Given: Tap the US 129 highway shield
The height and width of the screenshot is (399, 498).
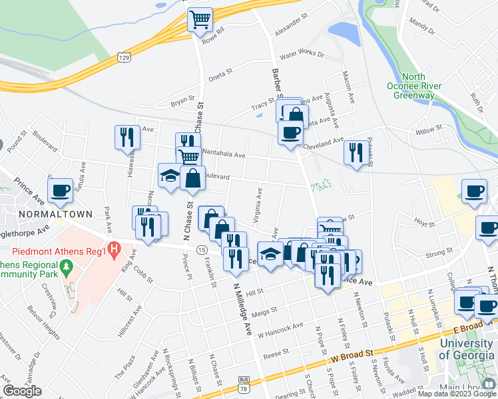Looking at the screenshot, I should point(123,57).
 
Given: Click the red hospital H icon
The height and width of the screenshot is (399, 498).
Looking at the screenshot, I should point(113,251).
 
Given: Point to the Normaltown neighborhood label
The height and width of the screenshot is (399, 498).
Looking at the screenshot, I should point(51,215).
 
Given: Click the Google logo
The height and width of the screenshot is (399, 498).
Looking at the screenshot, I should point(22,391).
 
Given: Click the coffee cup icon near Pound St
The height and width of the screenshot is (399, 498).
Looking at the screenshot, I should point(61,190).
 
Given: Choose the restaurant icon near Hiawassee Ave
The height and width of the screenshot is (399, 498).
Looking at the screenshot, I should point(125,137).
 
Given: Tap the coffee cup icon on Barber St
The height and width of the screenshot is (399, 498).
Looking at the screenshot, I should point(289,133).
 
